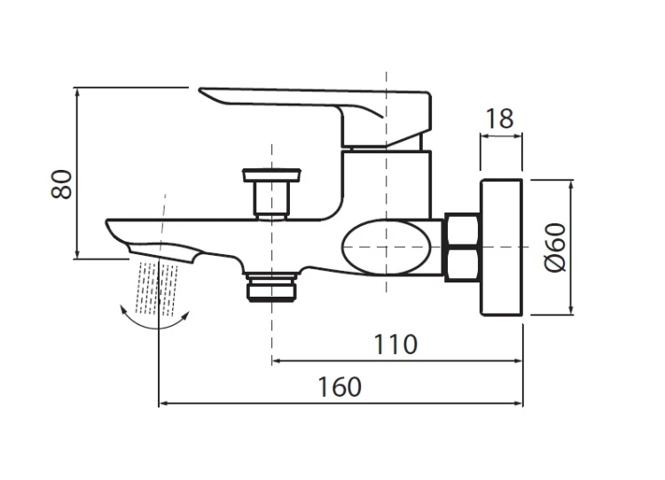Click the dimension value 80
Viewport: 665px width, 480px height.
[x=61, y=184]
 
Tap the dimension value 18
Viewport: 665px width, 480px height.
[x=499, y=119]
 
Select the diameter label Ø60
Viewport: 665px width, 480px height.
[x=555, y=247]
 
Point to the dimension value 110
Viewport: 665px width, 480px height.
[x=395, y=345]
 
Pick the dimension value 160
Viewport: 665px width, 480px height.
[x=340, y=387]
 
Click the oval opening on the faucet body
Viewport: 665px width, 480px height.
[x=387, y=247]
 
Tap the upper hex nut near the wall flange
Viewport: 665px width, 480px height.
[x=462, y=229]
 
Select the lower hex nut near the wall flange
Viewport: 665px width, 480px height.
[x=462, y=265]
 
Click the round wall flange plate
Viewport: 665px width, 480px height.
[x=501, y=247]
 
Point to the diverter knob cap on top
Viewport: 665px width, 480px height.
[x=271, y=174]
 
